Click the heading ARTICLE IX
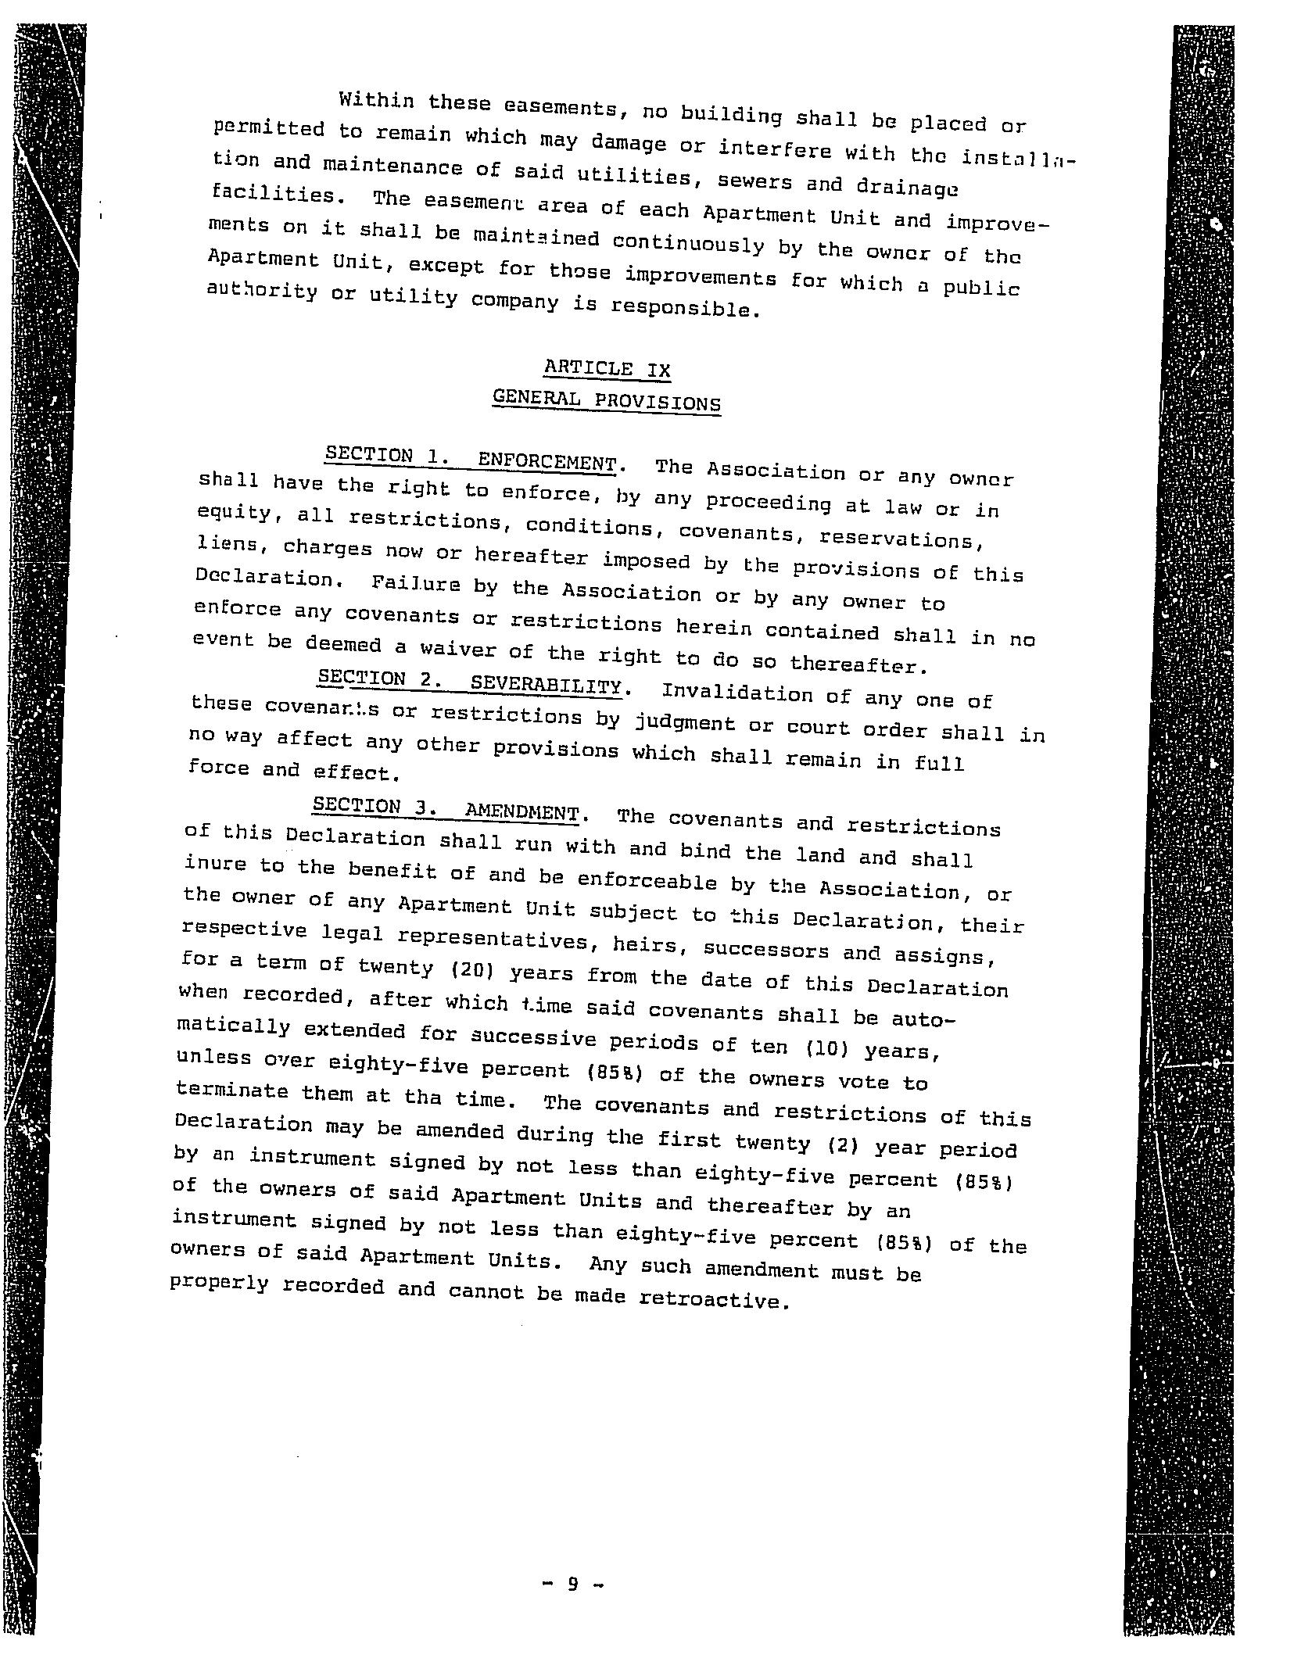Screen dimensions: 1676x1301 (607, 368)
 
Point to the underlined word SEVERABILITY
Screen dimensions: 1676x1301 (546, 685)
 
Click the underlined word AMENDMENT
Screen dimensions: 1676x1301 (521, 811)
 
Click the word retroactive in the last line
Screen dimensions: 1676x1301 (711, 1300)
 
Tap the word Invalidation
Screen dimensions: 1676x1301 (733, 693)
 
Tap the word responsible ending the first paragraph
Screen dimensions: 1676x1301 (685, 308)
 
